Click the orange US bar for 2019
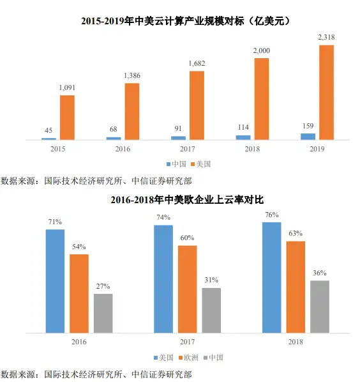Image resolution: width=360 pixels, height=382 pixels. coord(326,93)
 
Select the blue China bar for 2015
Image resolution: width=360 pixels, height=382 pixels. coord(49,139)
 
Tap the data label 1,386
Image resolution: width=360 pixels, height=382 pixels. coord(132,75)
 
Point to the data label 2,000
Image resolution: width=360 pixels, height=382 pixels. coord(262,50)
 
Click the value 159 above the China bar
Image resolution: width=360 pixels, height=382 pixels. coord(308,126)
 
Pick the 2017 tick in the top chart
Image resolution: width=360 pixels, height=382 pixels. coord(188,149)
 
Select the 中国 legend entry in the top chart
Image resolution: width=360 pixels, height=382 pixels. coord(176,164)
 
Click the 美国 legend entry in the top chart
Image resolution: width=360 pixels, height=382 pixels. coord(201,164)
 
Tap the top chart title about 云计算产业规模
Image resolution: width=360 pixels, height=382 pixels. coord(186,21)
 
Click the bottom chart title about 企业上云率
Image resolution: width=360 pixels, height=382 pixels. coord(187,200)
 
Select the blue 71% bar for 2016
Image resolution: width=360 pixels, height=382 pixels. coord(56,281)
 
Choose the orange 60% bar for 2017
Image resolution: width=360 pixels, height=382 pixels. coord(187,289)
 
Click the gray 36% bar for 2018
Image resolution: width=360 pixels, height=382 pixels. coord(320,307)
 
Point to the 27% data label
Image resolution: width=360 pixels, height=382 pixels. coord(103,286)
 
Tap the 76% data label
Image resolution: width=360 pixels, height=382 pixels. coord(272,215)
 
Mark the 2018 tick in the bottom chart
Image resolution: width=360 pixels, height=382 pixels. coord(296,342)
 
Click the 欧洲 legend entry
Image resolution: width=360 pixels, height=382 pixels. coord(188,358)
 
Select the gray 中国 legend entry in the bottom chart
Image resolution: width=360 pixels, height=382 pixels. coord(213,358)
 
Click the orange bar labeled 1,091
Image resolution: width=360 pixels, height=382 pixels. coord(67,118)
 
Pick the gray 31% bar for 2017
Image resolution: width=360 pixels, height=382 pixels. coord(211,310)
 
